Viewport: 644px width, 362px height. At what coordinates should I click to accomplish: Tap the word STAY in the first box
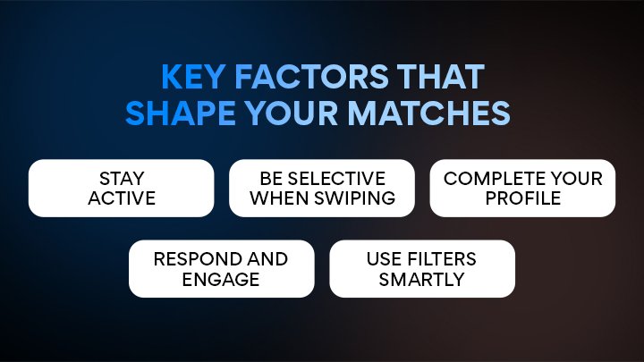tap(122, 179)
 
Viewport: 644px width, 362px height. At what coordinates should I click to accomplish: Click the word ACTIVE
tap(122, 198)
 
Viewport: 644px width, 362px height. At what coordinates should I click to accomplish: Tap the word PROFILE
tap(522, 198)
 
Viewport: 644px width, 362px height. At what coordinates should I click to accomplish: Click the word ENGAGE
tap(221, 278)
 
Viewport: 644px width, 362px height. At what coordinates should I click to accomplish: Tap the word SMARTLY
tap(421, 278)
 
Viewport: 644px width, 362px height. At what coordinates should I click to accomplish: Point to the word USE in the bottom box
tap(383, 259)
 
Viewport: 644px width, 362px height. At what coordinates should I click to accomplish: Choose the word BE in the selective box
tap(269, 179)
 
